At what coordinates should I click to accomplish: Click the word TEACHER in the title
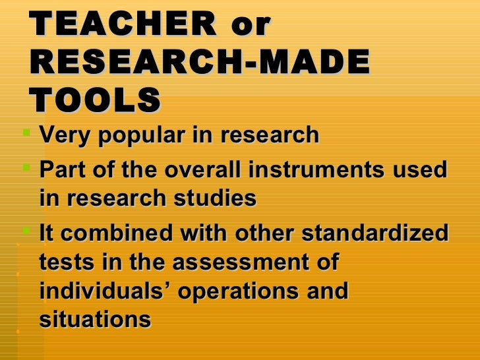[x=123, y=25]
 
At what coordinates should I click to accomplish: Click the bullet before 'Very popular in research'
[x=26, y=134]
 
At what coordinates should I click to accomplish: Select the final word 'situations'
[x=95, y=320]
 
